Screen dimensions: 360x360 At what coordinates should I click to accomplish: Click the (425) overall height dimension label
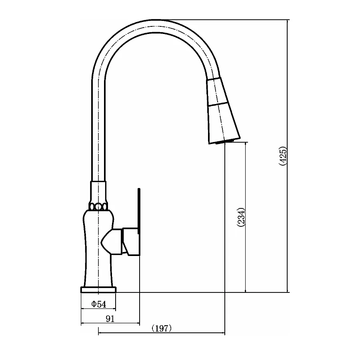point(283,156)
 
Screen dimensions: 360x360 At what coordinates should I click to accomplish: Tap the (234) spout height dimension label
point(241,218)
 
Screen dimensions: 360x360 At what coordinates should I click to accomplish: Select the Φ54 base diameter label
point(99,304)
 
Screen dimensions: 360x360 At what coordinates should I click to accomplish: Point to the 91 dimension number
point(110,319)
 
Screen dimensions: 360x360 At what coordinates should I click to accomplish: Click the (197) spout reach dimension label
point(162,328)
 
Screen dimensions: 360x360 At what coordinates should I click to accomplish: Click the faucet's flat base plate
point(98,290)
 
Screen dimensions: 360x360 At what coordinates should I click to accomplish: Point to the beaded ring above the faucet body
point(98,207)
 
